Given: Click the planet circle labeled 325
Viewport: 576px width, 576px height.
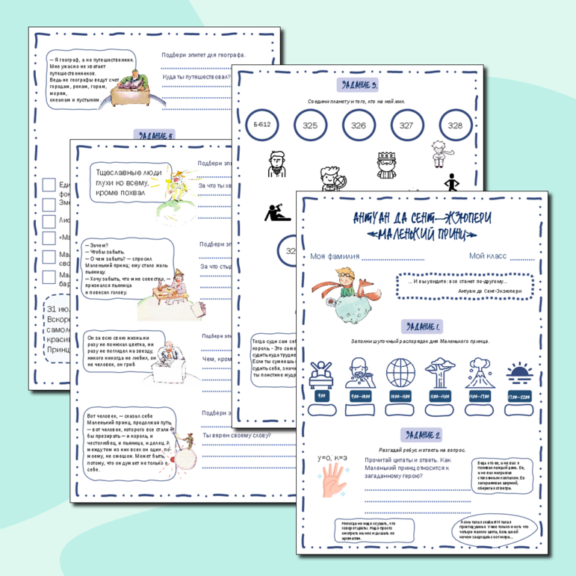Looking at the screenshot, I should (x=310, y=126).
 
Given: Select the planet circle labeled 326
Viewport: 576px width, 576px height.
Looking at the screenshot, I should (x=359, y=126).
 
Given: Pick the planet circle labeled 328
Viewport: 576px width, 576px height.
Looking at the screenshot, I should (x=455, y=126).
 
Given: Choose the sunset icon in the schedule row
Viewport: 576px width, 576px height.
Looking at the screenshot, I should (x=519, y=372).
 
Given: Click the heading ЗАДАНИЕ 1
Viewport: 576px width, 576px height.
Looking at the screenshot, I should (x=422, y=326).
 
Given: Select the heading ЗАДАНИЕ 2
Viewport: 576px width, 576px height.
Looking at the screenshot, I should (x=421, y=436).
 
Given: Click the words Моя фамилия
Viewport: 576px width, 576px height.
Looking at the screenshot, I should (x=334, y=256).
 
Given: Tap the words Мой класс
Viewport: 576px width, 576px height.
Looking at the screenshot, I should (x=488, y=256).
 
